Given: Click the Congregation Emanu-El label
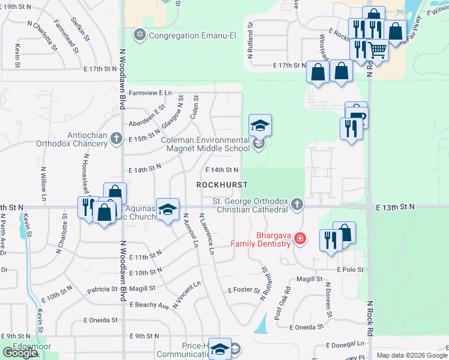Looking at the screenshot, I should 191,35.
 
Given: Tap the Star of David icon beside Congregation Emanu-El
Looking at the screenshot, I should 140,35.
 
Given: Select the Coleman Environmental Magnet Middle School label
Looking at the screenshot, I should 205,144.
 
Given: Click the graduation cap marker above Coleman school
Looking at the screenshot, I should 261,125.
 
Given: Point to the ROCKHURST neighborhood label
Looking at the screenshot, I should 222,185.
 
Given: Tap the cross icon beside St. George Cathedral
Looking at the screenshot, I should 297,205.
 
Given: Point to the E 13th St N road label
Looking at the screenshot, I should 396,207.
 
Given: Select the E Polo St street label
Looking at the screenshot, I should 351,270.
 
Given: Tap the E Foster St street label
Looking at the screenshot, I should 243,290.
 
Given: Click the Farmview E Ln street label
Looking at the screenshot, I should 149,93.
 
